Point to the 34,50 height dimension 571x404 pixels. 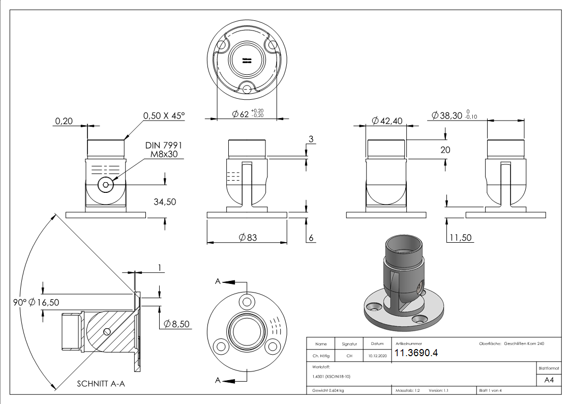165,202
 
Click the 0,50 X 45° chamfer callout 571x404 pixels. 164,116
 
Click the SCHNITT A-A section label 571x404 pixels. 101,384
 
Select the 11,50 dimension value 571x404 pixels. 460,238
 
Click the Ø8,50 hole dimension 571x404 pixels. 177,324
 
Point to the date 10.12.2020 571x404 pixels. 377,356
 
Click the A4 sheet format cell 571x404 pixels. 549,379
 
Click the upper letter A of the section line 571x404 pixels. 218,281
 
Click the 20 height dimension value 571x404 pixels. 445,150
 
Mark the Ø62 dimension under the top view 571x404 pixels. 241,114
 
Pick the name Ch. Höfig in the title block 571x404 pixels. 321,356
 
